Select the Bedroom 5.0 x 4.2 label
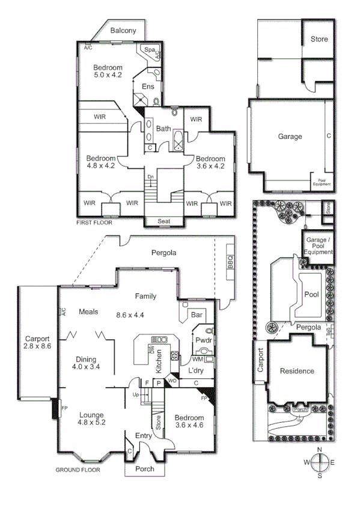click(x=108, y=71)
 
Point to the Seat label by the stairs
click(x=164, y=221)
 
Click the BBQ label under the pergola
click(x=229, y=262)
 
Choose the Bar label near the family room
click(x=196, y=315)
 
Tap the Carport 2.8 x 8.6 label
click(x=37, y=343)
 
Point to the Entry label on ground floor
click(x=144, y=436)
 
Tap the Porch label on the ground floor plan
click(x=145, y=469)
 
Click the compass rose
click(x=320, y=462)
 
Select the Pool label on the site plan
click(x=311, y=295)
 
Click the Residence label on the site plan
click(x=297, y=371)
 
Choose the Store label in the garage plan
click(x=319, y=39)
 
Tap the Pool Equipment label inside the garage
click(x=322, y=182)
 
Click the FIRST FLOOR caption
click(x=94, y=223)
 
